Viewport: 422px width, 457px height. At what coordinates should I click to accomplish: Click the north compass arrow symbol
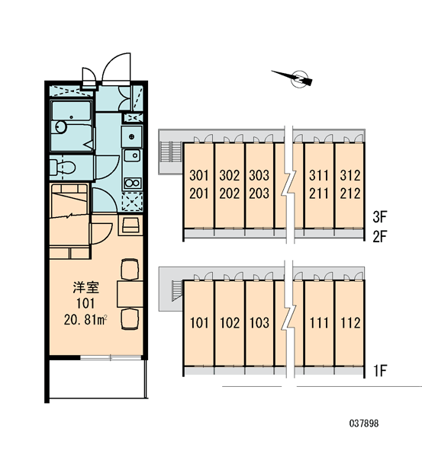295,78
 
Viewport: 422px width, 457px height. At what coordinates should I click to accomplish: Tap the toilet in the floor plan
63,168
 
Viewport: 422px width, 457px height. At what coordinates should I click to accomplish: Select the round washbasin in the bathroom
61,127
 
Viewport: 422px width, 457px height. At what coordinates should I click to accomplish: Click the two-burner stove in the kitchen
133,183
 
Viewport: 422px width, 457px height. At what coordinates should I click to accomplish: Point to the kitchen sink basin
133,155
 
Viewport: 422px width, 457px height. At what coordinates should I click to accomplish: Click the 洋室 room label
86,287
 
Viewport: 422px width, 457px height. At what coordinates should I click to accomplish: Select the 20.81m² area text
85,320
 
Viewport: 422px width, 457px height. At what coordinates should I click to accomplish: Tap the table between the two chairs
130,294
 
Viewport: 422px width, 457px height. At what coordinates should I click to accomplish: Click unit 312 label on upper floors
350,175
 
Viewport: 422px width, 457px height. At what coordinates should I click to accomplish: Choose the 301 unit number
199,175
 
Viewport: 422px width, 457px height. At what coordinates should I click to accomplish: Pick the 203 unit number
259,193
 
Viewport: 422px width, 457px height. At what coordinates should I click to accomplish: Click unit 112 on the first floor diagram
350,323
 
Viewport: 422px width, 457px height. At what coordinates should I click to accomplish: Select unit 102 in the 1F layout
230,323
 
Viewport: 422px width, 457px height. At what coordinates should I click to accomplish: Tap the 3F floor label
380,217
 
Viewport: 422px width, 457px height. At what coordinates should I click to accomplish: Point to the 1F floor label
380,371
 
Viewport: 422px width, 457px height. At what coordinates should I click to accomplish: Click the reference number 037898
364,423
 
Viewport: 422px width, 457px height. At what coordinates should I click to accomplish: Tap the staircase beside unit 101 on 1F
176,291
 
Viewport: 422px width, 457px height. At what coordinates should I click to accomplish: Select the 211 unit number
319,193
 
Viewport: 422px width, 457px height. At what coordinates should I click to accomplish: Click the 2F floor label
380,237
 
